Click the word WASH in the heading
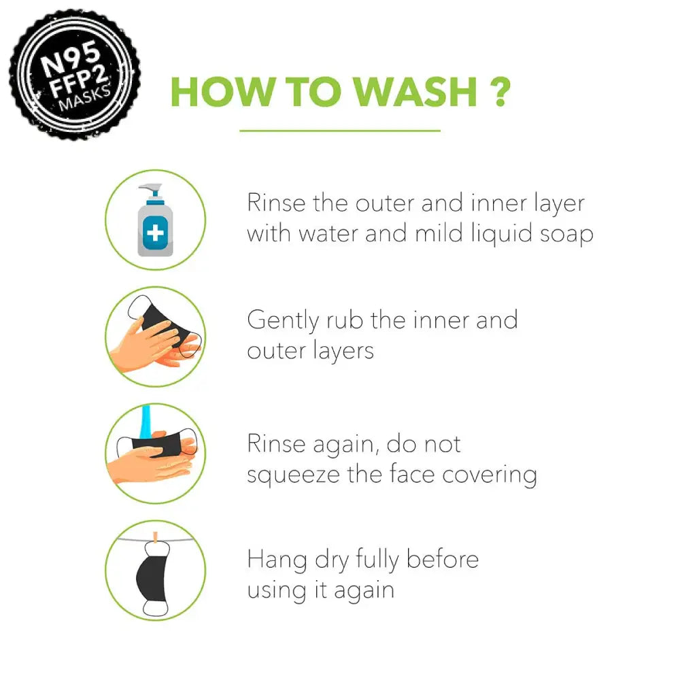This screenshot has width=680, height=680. click(x=415, y=92)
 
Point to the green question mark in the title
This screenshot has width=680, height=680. click(x=500, y=92)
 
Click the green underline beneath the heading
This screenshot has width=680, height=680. click(x=340, y=131)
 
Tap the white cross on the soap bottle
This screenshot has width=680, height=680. click(x=155, y=234)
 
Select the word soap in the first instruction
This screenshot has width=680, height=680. click(x=566, y=235)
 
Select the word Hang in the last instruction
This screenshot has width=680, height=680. click(x=277, y=560)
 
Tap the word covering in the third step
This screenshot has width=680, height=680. click(x=490, y=475)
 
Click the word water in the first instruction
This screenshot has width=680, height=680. click(x=328, y=234)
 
